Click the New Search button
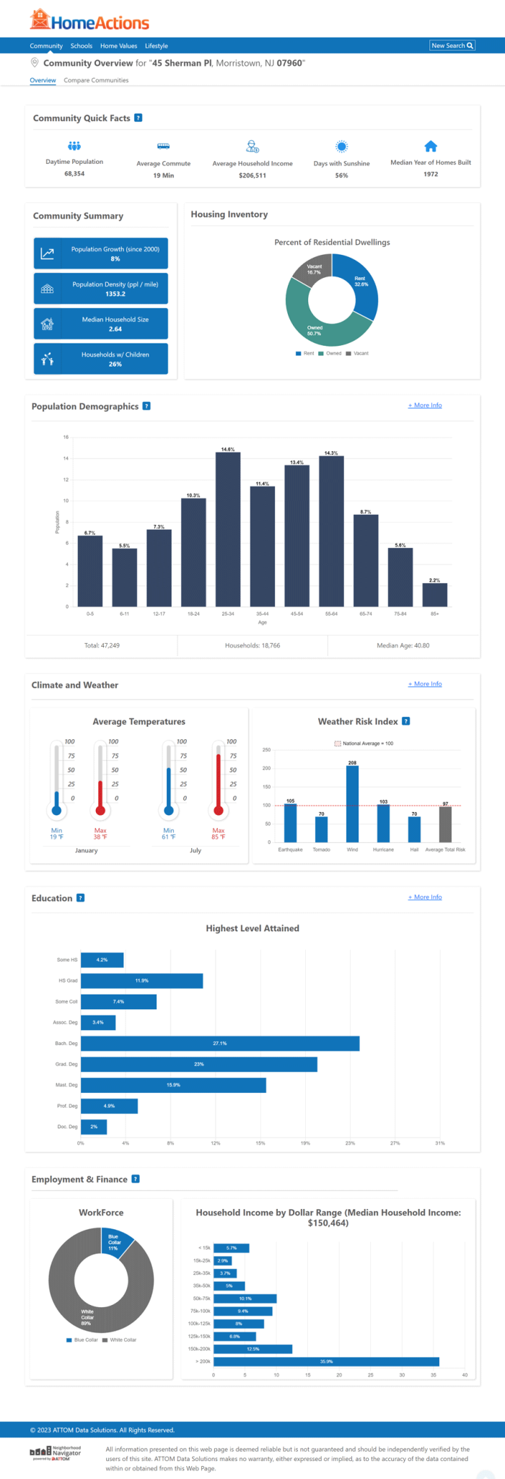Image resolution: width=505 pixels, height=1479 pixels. coord(452,45)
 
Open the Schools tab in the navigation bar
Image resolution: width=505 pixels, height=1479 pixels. coord(82,46)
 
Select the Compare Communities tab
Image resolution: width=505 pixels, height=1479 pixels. coord(96,80)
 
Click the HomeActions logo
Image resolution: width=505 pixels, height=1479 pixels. coord(89,22)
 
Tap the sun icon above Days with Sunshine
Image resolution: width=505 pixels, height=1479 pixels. coord(341,147)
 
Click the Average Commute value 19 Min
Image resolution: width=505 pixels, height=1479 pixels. coord(163,175)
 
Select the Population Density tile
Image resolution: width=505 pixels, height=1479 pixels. coord(100,289)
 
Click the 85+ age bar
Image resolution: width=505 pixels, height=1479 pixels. coord(434,595)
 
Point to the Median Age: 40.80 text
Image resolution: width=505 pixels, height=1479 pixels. coord(403,645)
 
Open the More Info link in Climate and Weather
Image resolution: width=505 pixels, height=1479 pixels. coord(425,684)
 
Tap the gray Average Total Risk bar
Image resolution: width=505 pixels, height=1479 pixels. coord(445,824)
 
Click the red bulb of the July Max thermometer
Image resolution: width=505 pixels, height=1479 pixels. coord(219,810)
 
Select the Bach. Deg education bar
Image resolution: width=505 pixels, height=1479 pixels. coord(219,1043)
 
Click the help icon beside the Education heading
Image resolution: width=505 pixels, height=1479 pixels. coord(80,898)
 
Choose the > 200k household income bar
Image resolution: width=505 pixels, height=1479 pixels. coord(326,1361)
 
